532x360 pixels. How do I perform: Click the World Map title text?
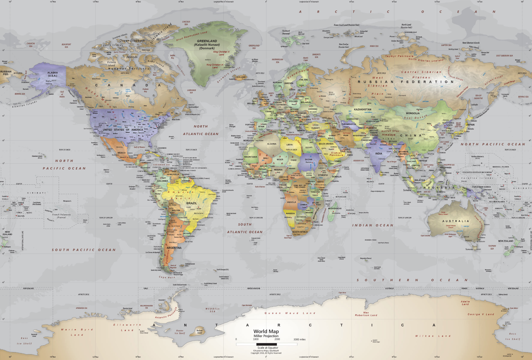[x=266, y=331]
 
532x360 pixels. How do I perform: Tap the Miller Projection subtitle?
[x=266, y=336]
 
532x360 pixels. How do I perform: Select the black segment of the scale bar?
[x=267, y=344]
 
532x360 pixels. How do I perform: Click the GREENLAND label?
[x=207, y=41]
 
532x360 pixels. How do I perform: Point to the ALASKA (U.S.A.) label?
[x=52, y=74]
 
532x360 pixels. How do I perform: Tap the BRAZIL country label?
[x=191, y=203]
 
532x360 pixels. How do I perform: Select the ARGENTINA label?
[x=174, y=248]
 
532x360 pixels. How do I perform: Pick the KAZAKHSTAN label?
[x=362, y=109]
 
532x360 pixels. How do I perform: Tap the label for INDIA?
[x=379, y=153]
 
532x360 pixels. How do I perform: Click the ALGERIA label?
[x=272, y=144]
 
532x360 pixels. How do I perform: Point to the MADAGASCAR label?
[x=335, y=208]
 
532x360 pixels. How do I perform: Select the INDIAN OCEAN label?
[x=373, y=225]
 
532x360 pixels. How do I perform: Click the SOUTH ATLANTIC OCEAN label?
[x=245, y=228]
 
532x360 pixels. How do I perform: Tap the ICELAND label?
[x=241, y=77]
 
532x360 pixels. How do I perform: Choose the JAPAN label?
[x=470, y=125]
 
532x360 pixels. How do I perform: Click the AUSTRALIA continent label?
[x=455, y=221]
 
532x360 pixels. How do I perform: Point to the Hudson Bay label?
[x=145, y=90]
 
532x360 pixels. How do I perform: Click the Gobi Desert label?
[x=415, y=117]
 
